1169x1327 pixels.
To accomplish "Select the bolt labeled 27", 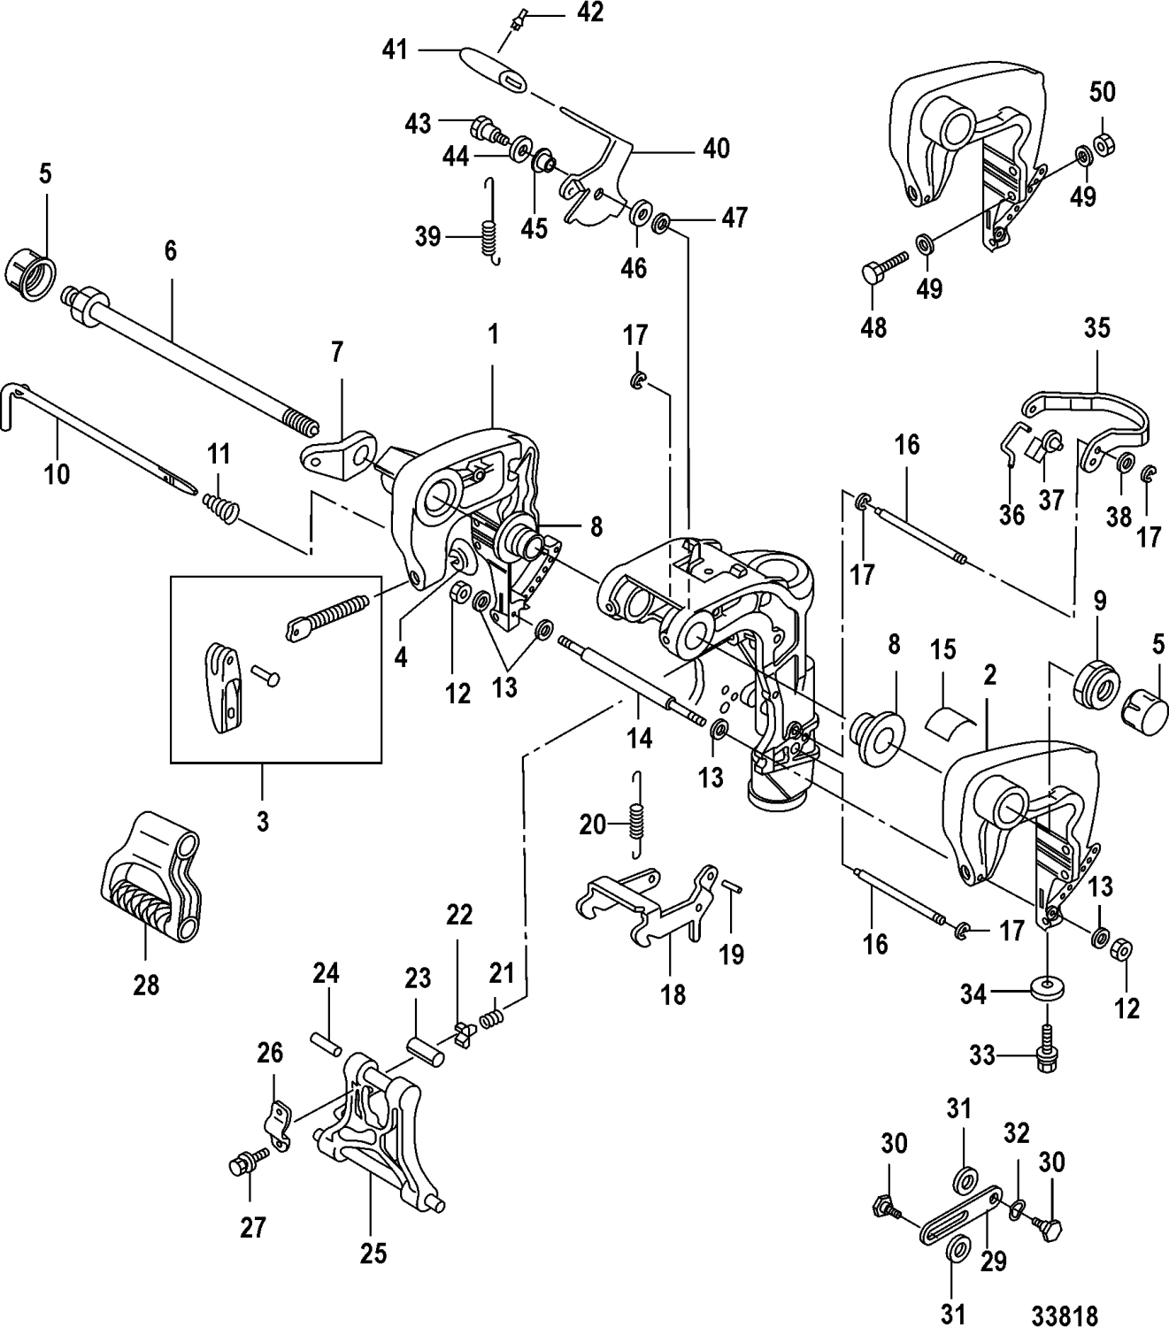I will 243,1166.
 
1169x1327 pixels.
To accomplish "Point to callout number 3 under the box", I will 262,821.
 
